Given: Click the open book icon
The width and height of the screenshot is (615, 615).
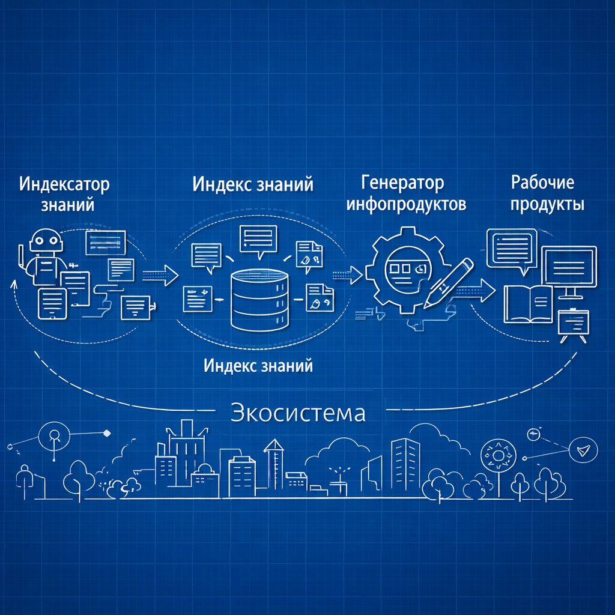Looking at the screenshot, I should (x=528, y=303).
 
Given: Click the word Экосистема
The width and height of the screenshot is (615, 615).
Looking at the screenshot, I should (x=298, y=413).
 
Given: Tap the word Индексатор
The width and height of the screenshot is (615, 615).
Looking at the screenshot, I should (x=64, y=184).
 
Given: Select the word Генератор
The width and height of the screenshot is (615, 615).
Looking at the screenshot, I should (x=403, y=182).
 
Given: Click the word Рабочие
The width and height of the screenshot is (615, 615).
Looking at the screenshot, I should (x=542, y=182).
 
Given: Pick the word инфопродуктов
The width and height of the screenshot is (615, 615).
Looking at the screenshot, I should (x=407, y=204).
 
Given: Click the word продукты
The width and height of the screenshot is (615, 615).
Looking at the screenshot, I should (x=547, y=204).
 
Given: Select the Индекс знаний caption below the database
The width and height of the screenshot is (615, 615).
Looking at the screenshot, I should (x=258, y=365).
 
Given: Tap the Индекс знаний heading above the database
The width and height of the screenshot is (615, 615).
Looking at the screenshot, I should (x=253, y=184).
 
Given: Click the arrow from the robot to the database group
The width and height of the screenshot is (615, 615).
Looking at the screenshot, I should (x=161, y=276).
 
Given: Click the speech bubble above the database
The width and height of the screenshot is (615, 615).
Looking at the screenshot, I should (x=258, y=238).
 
